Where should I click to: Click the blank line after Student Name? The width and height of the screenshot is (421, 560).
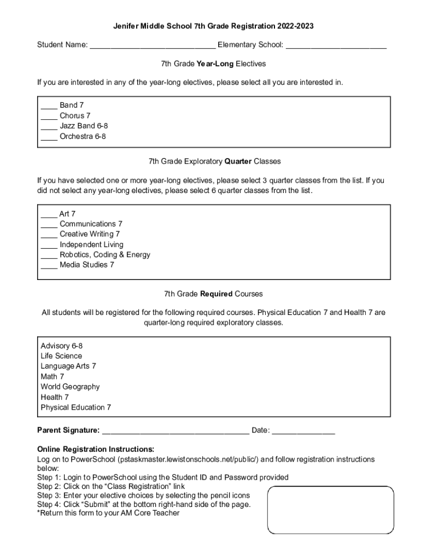tap(153, 45)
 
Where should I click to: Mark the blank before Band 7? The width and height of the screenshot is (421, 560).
tap(49, 106)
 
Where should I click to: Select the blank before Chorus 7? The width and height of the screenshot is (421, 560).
tap(49, 116)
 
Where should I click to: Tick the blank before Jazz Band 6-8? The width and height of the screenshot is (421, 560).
tap(49, 126)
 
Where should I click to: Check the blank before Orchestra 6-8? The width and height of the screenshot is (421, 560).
tap(49, 137)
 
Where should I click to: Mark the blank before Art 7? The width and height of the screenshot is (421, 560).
tap(49, 214)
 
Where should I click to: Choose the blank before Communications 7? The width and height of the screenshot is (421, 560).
tap(49, 224)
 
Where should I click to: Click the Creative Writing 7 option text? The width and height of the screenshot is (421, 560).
tap(89, 234)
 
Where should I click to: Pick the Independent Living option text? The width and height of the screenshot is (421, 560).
tap(91, 244)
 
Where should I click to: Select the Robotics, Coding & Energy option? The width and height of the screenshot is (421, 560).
tap(104, 255)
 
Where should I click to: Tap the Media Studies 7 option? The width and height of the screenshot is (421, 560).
tap(86, 265)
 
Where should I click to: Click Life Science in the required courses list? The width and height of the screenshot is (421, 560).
tap(61, 356)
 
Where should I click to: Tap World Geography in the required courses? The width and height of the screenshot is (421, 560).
tap(70, 387)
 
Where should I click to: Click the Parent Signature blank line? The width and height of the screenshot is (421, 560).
tap(175, 431)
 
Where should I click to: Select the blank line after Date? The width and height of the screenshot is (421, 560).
tap(303, 431)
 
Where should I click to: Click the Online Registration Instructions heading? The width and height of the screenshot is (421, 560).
tap(95, 449)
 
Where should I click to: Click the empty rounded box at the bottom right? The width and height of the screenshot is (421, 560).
tap(330, 510)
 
